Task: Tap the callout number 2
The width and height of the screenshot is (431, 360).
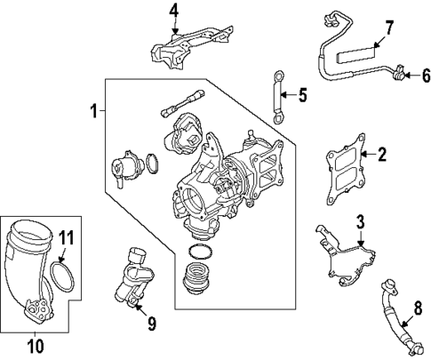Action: (382, 156)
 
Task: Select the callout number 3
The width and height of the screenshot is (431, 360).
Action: (361, 221)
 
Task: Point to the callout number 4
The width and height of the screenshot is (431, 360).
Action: (174, 11)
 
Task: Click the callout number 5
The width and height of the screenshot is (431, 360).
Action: (302, 95)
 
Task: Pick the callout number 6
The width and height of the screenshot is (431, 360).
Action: (424, 75)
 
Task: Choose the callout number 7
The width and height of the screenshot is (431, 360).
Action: (387, 27)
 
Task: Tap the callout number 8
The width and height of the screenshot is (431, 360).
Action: (418, 310)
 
